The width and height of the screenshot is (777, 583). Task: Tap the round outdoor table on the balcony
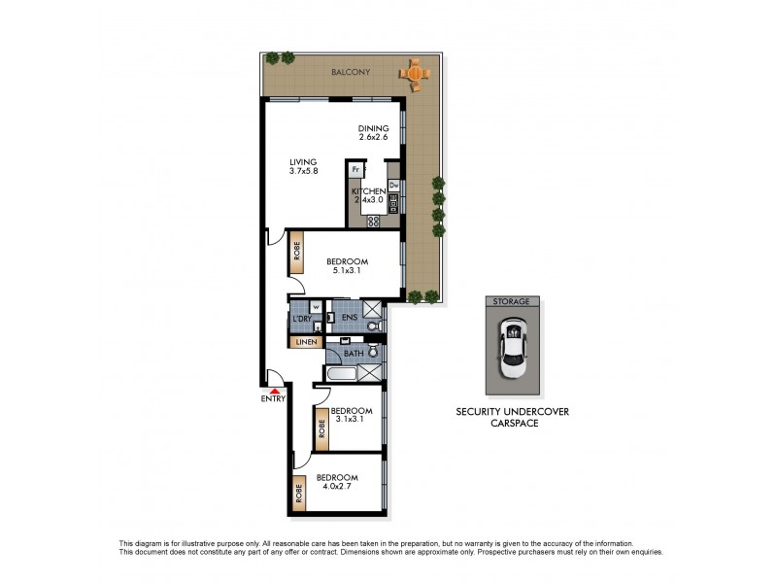415,72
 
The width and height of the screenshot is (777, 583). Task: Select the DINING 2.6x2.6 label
373,133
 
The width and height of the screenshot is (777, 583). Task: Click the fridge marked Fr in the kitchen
355,170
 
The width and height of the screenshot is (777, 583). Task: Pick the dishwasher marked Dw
394,184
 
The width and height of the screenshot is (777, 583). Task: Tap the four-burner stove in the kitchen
373,222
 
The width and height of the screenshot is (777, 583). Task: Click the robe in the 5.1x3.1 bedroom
295,255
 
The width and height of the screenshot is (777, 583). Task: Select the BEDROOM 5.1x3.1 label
346,266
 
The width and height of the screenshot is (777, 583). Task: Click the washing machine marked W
316,308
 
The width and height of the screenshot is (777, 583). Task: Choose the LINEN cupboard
305,341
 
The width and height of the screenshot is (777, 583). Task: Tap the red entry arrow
274,390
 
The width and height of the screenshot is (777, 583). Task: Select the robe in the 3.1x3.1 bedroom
321,429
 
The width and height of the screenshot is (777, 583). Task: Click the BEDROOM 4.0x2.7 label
337,483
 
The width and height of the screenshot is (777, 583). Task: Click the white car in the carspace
511,353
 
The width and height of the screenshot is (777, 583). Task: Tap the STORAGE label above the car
511,302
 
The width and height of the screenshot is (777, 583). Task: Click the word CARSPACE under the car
512,425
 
